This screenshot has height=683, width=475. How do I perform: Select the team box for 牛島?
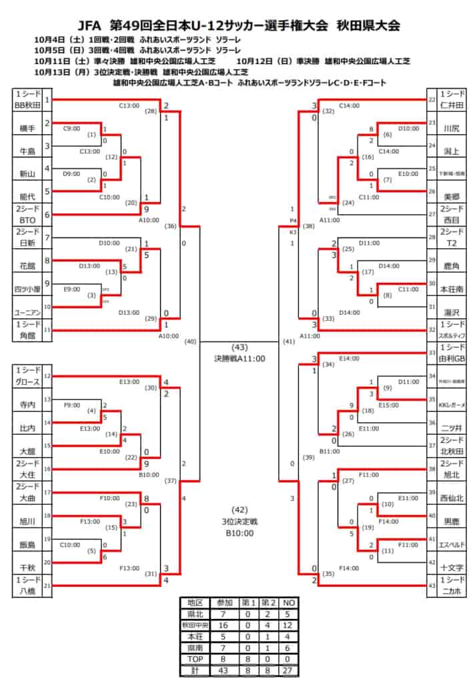pos(27,150)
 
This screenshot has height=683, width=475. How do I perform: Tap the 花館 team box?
pos(27,265)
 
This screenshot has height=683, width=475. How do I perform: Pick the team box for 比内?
pos(27,426)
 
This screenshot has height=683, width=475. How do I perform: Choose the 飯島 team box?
pos(27,542)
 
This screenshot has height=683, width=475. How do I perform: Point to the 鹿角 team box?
pos(452,265)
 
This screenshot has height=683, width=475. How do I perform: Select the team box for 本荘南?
pos(452,289)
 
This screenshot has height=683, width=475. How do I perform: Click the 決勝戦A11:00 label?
pos(240,358)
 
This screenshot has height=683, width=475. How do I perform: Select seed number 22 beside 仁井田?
pos(432,99)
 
